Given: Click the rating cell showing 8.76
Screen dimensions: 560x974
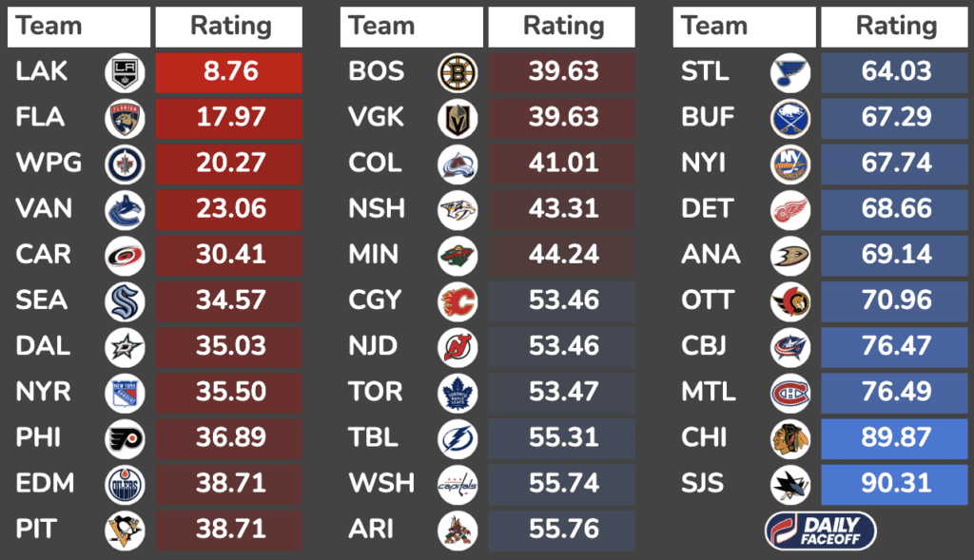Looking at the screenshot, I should (x=229, y=72).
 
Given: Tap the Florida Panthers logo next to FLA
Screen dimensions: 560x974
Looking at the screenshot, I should (x=125, y=118).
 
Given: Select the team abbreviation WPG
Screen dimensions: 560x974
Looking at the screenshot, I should (x=49, y=164).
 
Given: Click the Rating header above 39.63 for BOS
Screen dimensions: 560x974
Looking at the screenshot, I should (x=562, y=27).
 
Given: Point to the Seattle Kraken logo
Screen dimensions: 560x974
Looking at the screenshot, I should (x=125, y=300).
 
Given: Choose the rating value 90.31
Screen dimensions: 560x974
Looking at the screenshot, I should (x=895, y=483).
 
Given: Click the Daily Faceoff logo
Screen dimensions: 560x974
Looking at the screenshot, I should (x=820, y=531).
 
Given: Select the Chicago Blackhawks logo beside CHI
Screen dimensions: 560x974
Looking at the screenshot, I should (x=790, y=437).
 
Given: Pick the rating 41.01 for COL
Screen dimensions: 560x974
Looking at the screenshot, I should (x=562, y=164).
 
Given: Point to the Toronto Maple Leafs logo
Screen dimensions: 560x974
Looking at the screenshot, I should (x=458, y=392).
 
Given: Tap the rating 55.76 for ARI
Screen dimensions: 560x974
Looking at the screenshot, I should (x=562, y=529).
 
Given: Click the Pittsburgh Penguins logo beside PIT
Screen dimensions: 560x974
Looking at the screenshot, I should (x=125, y=529).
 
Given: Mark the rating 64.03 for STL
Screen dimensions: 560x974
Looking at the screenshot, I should (x=895, y=72).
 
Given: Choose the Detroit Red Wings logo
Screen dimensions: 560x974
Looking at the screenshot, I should (x=790, y=209).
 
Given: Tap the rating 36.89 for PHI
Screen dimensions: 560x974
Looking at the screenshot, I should (x=229, y=437).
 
